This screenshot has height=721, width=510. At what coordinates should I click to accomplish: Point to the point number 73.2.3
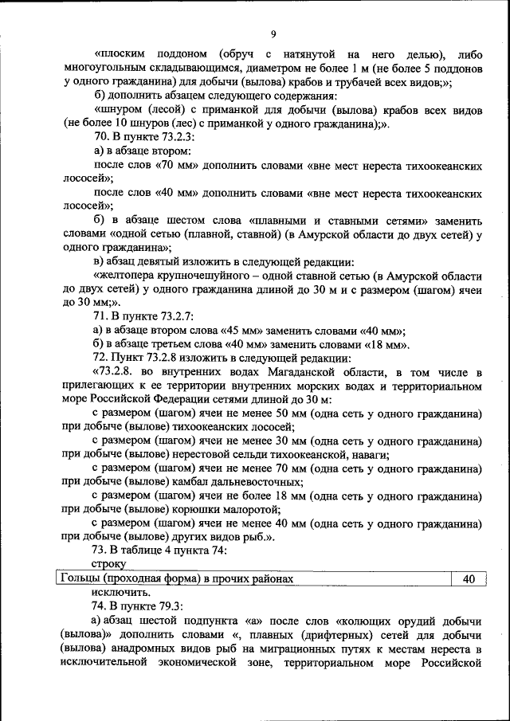point(166,136)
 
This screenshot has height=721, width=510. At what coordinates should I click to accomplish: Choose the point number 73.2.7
point(166,316)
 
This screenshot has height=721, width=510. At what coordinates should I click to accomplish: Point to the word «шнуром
point(119,109)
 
